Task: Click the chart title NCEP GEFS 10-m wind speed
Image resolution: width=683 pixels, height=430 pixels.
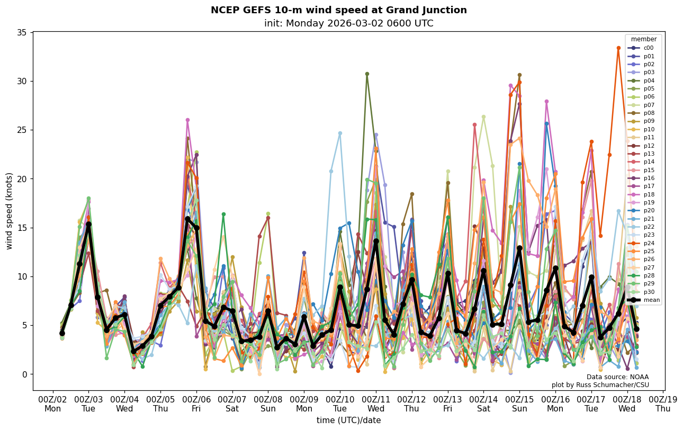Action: [338, 10]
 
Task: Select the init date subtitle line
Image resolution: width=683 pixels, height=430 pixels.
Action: [348, 23]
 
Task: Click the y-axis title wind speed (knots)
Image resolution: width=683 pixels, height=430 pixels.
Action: [10, 211]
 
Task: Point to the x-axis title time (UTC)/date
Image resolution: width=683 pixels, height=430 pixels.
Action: [348, 420]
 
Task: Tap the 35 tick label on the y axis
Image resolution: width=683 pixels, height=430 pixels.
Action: [22, 33]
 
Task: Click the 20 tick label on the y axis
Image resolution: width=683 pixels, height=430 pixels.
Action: [22, 179]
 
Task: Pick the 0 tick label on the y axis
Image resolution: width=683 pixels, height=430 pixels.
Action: [24, 374]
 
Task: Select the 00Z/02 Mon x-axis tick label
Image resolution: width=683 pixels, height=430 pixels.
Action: [52, 404]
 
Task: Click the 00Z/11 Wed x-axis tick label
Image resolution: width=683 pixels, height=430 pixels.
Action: [376, 404]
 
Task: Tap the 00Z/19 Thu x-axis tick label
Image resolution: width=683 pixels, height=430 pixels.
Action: [663, 404]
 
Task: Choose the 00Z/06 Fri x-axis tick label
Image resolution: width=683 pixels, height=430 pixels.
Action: [196, 404]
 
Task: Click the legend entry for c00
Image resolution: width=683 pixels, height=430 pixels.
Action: [648, 48]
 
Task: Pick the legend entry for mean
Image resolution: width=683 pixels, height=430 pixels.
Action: [651, 300]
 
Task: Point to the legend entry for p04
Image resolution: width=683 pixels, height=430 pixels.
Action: [649, 80]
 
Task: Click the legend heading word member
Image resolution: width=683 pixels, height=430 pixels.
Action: [643, 39]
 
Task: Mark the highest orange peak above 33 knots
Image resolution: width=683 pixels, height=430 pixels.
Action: [618, 48]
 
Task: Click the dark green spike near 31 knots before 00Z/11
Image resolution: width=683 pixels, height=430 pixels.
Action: [367, 74]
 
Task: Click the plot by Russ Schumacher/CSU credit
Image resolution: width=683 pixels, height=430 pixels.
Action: [600, 385]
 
